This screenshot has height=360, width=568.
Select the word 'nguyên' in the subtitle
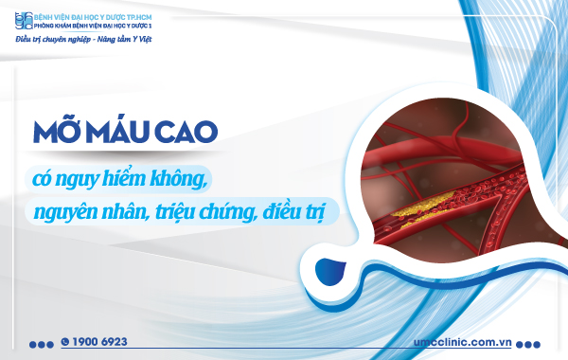click(x=66, y=210)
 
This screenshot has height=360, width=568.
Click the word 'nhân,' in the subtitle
click(x=125, y=210)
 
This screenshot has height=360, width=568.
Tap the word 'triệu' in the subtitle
click(x=175, y=210)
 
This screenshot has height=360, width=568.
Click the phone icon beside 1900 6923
click(x=65, y=341)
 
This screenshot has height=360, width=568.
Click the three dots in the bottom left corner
click(x=41, y=344)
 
